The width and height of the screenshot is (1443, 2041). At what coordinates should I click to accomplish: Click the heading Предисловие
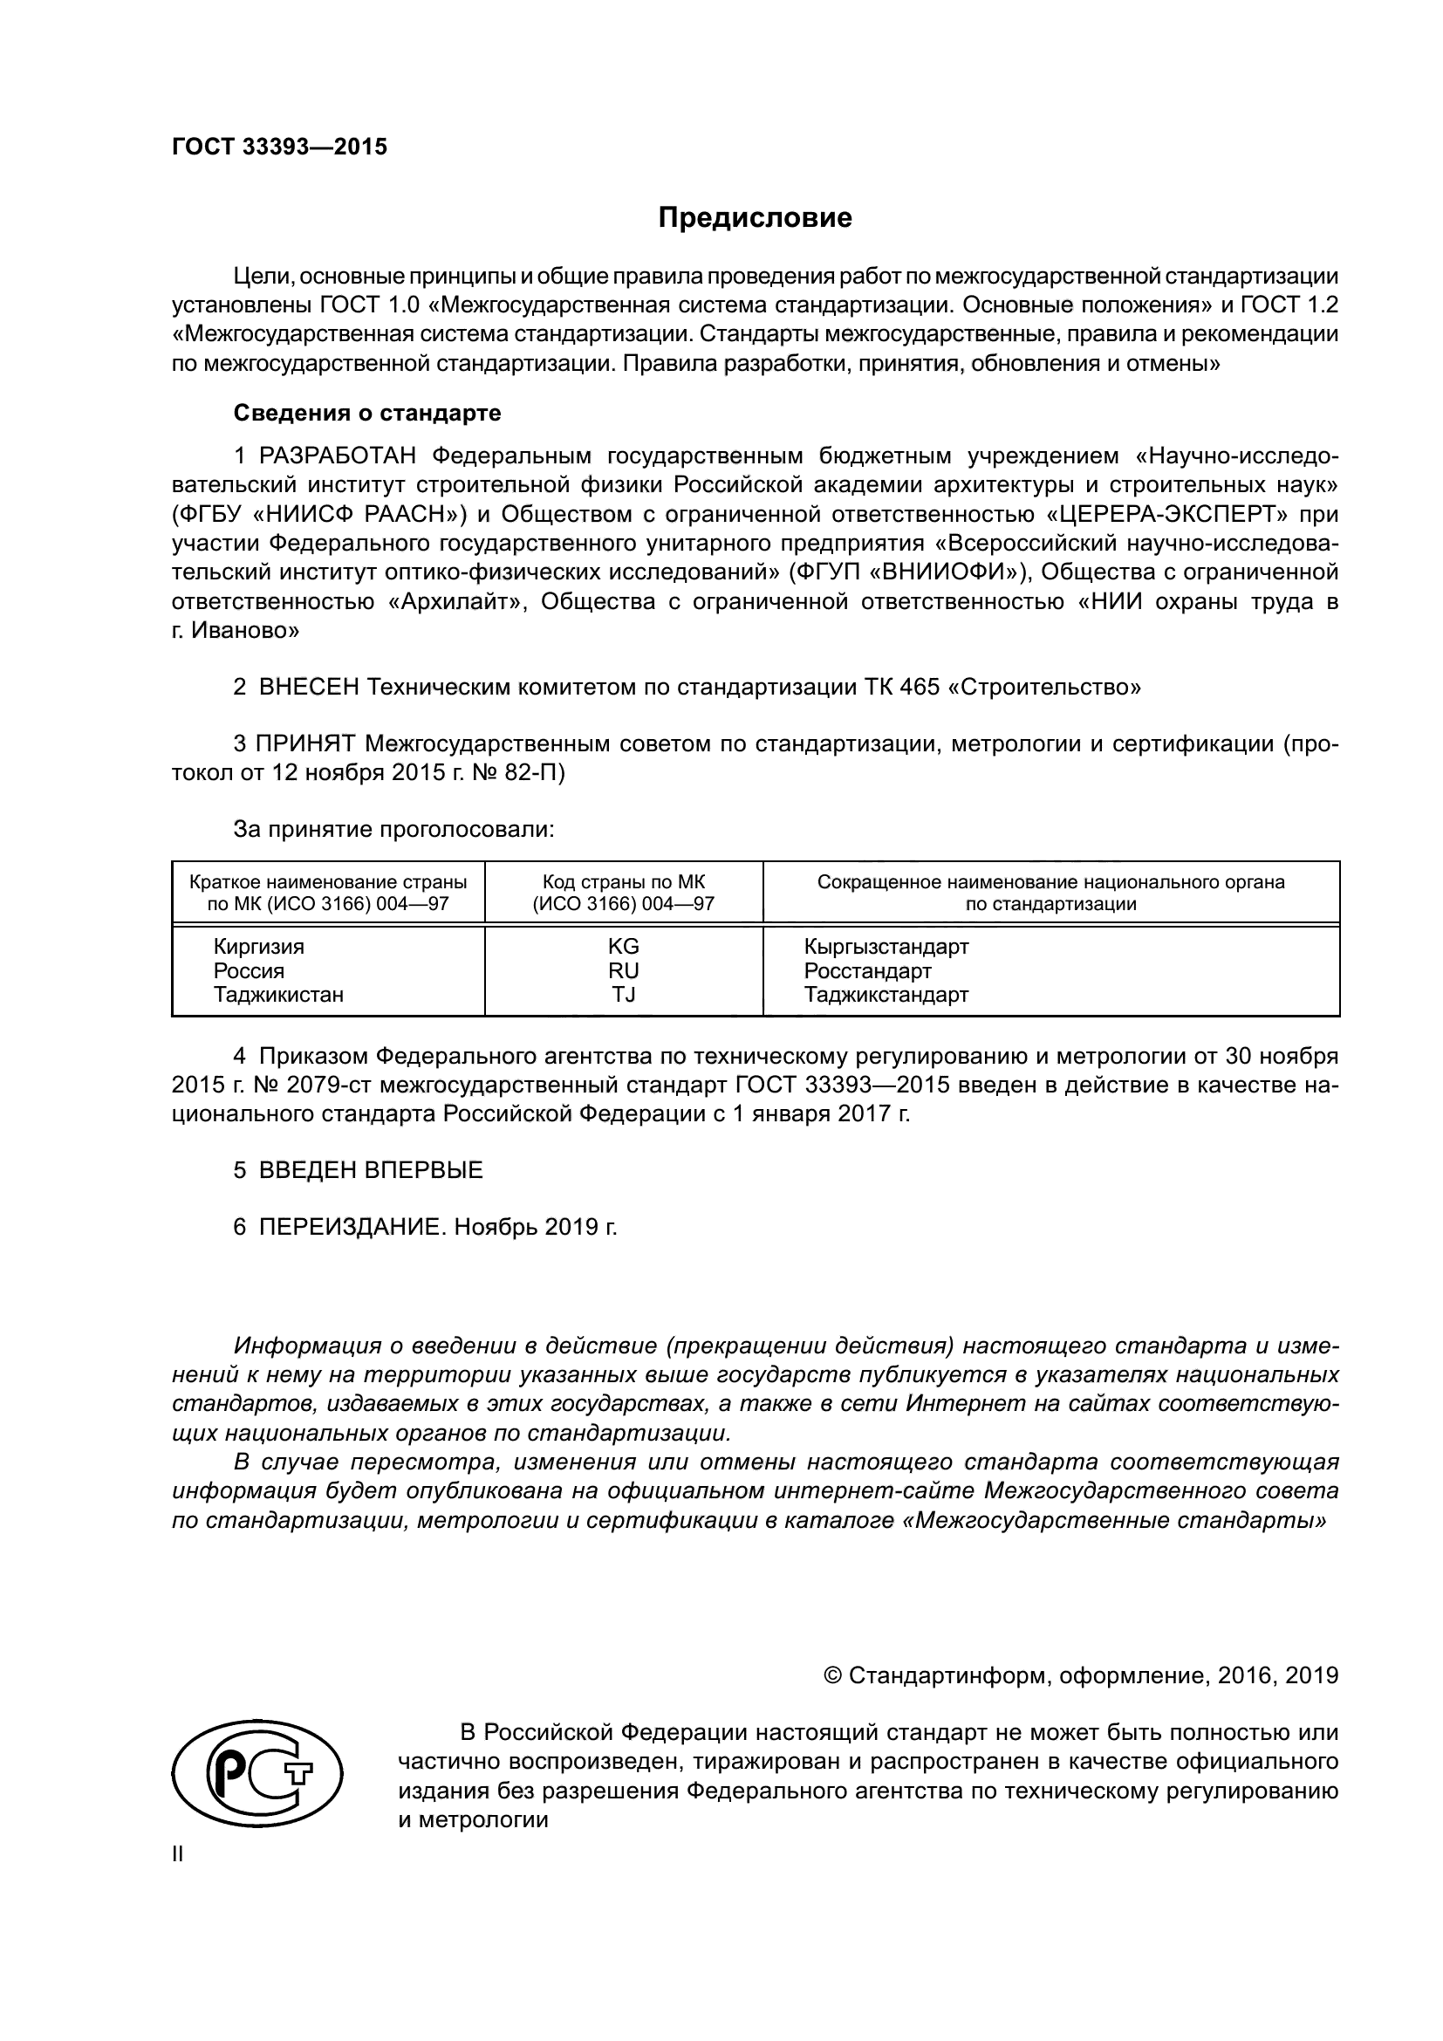[x=755, y=218]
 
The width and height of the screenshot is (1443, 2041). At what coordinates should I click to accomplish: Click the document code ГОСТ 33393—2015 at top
[x=279, y=147]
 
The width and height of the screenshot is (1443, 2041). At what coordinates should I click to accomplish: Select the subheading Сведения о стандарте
[x=367, y=414]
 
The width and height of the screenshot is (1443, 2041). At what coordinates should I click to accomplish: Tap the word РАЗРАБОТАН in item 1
[x=338, y=457]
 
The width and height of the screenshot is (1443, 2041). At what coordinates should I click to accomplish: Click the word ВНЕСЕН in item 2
[x=309, y=687]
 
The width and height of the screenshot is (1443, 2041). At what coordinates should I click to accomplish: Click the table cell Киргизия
[x=258, y=947]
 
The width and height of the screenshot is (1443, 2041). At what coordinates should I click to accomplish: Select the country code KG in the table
[x=623, y=947]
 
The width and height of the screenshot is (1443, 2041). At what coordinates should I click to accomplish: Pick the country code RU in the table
[x=623, y=970]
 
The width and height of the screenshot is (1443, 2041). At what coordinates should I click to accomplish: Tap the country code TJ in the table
[x=623, y=995]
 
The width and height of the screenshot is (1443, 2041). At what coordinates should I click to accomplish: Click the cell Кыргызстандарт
[x=886, y=947]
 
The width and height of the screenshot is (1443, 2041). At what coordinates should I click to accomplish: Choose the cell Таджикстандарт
[x=886, y=995]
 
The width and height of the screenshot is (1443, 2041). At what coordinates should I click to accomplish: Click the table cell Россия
[x=249, y=970]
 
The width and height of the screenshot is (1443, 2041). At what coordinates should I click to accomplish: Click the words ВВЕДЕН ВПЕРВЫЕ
[x=371, y=1171]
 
